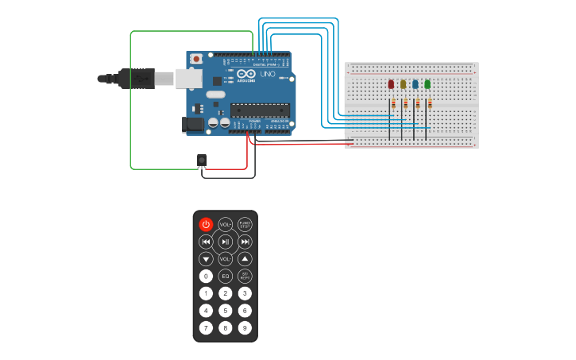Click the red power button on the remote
(206, 224)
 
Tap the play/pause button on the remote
(226, 242)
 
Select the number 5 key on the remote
(226, 311)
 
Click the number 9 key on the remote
(245, 327)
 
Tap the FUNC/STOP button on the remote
(245, 224)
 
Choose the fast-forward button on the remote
(245, 242)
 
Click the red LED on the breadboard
(391, 84)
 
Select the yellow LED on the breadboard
(403, 84)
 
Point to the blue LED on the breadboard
(415, 84)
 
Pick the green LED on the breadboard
(427, 84)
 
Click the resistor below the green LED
(430, 103)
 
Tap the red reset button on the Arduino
(195, 58)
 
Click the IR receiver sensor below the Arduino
(202, 160)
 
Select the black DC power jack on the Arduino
(193, 123)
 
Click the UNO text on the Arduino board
(263, 74)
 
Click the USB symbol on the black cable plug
(141, 78)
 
